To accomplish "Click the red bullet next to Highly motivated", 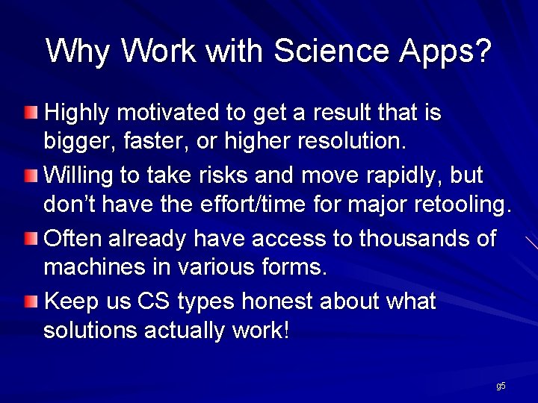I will tap(29, 113).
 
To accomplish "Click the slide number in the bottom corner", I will tap(501, 386).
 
